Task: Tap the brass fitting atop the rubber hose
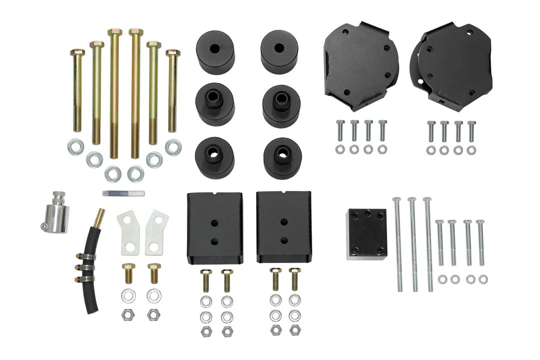click(x=99, y=217)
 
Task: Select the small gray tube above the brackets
click(x=123, y=193)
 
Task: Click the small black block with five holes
click(x=366, y=234)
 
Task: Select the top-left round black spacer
click(x=215, y=52)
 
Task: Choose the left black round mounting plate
click(x=361, y=65)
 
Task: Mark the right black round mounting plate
click(x=454, y=65)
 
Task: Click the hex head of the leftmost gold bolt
click(x=77, y=52)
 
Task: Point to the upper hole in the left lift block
click(x=214, y=222)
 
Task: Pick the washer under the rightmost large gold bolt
click(x=173, y=147)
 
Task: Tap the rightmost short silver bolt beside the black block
click(x=480, y=242)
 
